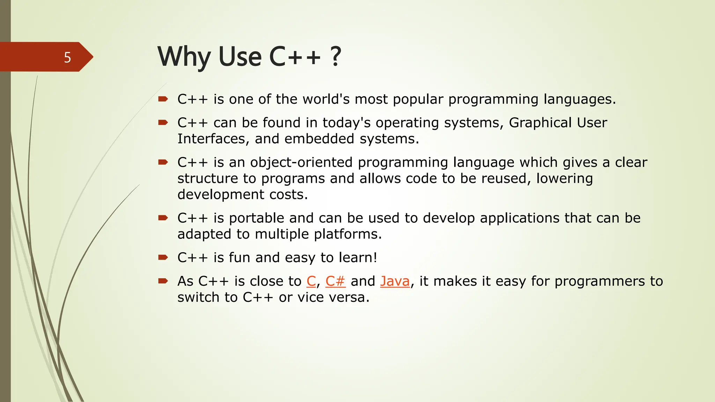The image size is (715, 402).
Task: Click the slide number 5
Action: tap(67, 57)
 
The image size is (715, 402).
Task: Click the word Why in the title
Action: tap(184, 57)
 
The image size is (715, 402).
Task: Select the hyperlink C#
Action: tap(335, 281)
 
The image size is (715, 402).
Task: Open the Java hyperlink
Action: tap(395, 281)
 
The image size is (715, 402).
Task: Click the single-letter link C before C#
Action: tap(311, 281)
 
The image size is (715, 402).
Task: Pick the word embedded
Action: tap(319, 139)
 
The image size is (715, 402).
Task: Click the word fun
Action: tap(239, 258)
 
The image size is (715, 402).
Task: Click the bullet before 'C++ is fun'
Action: tap(163, 258)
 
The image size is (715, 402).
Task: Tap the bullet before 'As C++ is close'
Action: tap(163, 281)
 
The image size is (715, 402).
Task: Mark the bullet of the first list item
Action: tap(163, 99)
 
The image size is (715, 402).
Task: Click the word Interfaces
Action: tap(213, 139)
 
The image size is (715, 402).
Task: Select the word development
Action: tap(221, 194)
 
